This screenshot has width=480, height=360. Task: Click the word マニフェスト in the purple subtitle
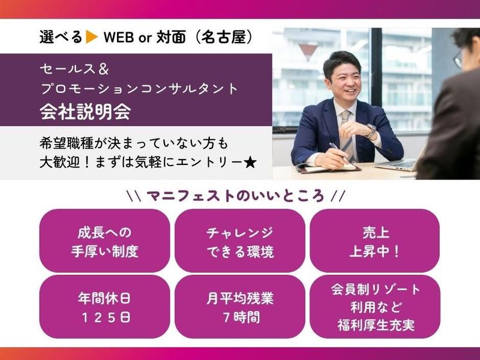pyautogui.click(x=181, y=196)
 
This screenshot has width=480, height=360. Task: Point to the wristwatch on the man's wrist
pyautogui.click(x=371, y=130)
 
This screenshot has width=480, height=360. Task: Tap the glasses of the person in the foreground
pyautogui.click(x=458, y=58)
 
